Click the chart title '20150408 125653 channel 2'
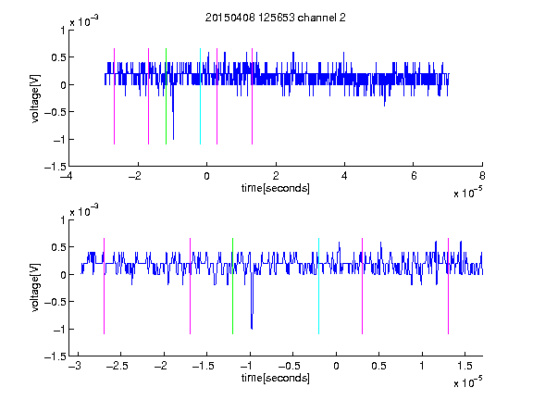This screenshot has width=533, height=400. tap(276, 18)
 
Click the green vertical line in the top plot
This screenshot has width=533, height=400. tap(166, 96)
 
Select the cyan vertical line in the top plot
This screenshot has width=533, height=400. tap(200, 96)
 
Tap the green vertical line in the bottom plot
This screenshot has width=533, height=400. tap(232, 286)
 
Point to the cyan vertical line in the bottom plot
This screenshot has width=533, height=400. tap(318, 286)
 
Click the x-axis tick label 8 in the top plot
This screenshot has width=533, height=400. tap(482, 176)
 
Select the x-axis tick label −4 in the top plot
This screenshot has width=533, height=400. tap(68, 176)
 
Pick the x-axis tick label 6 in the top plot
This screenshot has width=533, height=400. tap(414, 176)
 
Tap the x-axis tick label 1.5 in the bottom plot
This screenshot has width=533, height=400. tap(465, 366)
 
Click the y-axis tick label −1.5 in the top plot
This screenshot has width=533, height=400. tap(55, 167)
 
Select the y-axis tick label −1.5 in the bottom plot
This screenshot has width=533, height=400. tap(55, 356)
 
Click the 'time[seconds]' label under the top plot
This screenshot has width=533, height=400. tap(276, 188)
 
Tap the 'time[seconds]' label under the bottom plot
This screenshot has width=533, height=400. tap(276, 378)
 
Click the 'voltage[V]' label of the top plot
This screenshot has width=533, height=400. tap(35, 98)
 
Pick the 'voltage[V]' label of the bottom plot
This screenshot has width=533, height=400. tap(35, 288)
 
